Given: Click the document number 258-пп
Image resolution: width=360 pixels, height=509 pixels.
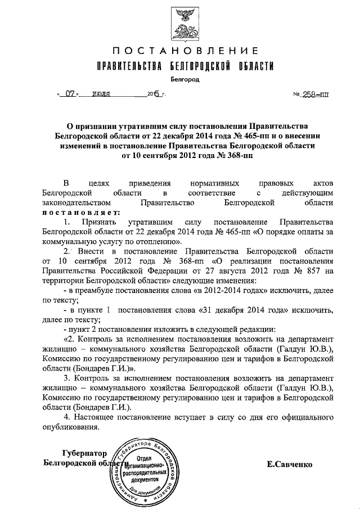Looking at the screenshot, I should pyautogui.click(x=310, y=94).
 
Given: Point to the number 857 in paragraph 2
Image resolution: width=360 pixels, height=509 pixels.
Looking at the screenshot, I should pyautogui.click(x=321, y=270).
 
